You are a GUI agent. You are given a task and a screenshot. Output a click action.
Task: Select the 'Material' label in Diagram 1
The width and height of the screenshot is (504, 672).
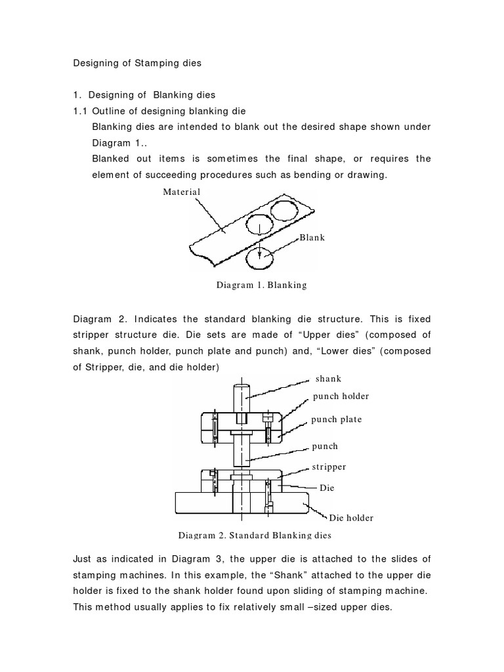coord(182,192)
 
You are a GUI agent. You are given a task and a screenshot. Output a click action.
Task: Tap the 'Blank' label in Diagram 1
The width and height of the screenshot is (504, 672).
coord(312,237)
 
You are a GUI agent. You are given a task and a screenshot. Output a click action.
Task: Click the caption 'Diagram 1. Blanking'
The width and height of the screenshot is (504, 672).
coord(261,285)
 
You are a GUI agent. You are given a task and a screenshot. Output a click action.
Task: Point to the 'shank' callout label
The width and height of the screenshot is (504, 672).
coord(329,379)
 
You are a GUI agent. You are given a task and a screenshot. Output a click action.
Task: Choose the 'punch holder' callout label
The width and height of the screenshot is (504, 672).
coord(341,396)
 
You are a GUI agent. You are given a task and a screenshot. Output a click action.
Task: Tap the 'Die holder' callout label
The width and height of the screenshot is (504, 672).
coord(351,518)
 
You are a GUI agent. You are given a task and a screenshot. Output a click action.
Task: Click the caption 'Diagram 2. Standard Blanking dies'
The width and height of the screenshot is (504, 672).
coord(255,535)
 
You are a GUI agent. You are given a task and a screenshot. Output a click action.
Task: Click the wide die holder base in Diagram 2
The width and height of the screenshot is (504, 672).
coord(197,503)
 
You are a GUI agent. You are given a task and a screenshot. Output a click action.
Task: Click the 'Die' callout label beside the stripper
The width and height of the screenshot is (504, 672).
coord(327,488)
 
